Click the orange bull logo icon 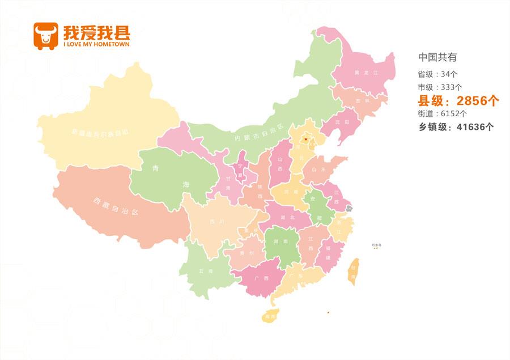click(x=46, y=36)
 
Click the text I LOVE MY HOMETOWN click(x=96, y=44)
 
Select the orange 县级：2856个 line click(x=458, y=101)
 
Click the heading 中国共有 click(x=437, y=57)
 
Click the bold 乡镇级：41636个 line click(x=456, y=127)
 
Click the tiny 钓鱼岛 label click(x=377, y=245)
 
